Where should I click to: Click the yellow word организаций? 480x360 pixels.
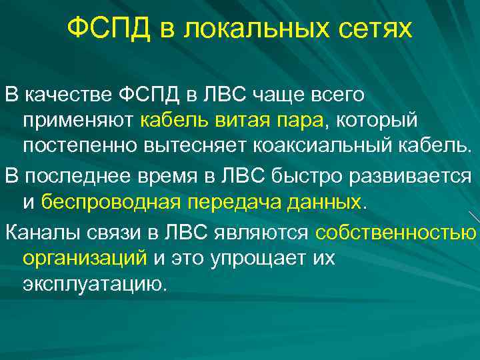click(84, 257)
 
